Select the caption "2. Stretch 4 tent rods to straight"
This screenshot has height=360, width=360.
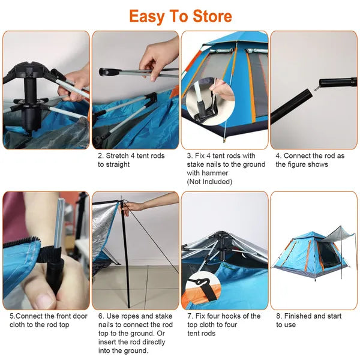pyautogui.click(x=131, y=160)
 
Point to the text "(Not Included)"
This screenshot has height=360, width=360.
pyautogui.click(x=209, y=181)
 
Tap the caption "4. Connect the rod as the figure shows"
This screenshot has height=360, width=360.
pyautogui.click(x=310, y=160)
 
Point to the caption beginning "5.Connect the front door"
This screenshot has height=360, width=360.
pyautogui.click(x=47, y=320)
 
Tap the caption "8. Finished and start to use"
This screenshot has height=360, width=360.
pyautogui.click(x=308, y=320)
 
